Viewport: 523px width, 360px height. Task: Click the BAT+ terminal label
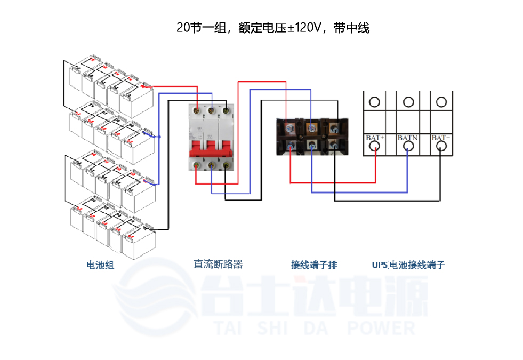click(375, 138)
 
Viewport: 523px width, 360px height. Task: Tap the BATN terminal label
click(408, 138)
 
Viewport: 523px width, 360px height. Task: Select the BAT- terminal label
click(440, 138)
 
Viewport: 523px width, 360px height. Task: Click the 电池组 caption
click(100, 265)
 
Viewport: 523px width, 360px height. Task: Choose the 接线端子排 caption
click(313, 265)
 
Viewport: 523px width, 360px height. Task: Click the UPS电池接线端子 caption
click(408, 265)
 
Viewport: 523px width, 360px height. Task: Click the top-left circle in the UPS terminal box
click(375, 101)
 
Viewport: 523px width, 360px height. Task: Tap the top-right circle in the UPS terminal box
click(440, 101)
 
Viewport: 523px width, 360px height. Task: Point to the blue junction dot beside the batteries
click(159, 137)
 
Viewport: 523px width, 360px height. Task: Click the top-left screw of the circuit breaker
click(198, 110)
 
